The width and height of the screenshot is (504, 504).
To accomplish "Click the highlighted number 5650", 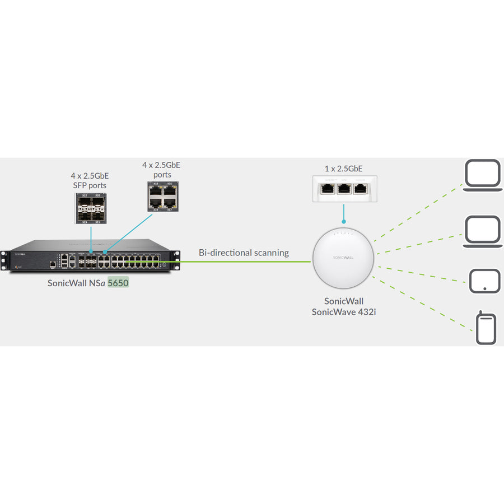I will [x=118, y=283].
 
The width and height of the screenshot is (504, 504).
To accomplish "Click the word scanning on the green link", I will [x=271, y=253].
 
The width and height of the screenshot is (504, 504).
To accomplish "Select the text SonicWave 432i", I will [x=343, y=311].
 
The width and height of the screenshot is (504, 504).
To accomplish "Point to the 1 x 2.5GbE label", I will [x=343, y=167].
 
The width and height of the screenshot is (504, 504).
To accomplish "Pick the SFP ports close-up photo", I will [x=91, y=209].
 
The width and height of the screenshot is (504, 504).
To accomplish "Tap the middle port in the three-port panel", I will [x=343, y=188].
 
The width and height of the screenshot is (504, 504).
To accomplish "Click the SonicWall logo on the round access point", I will [x=343, y=257].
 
